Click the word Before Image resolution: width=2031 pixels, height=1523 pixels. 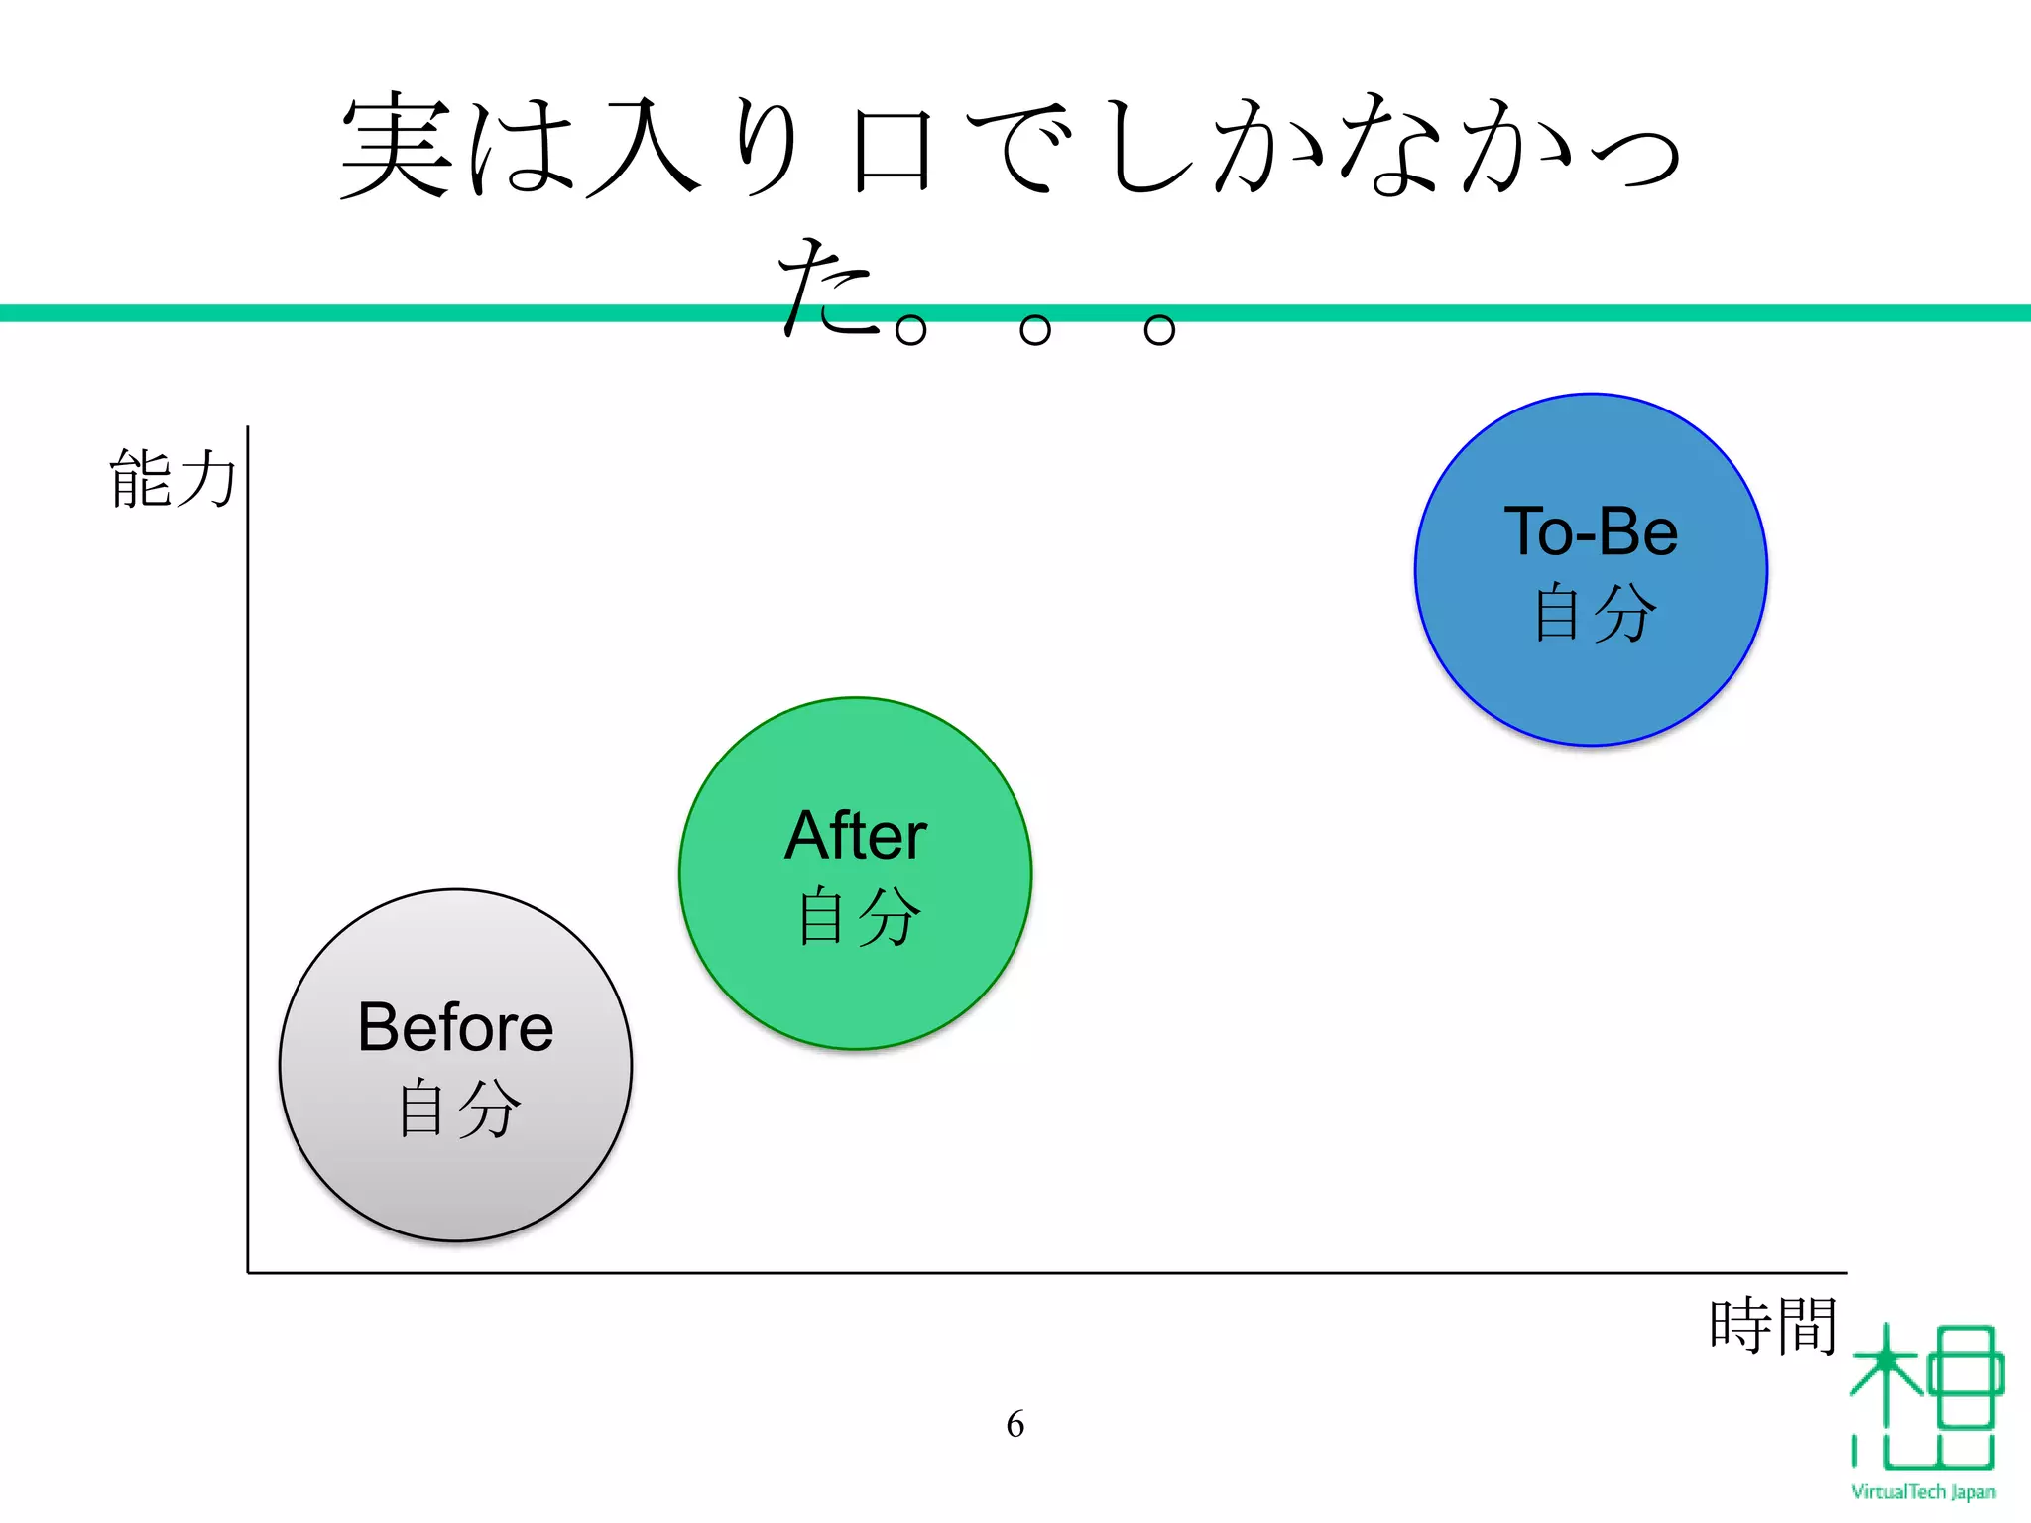tap(455, 1027)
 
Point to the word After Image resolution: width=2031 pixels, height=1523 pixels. tap(856, 836)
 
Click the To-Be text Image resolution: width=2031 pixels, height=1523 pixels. tap(1591, 532)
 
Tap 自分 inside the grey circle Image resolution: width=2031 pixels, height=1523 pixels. tap(458, 1108)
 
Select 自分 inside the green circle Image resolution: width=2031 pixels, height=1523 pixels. tap(859, 916)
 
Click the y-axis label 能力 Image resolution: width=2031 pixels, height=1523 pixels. tap(173, 479)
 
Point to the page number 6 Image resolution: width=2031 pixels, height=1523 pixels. tap(1015, 1424)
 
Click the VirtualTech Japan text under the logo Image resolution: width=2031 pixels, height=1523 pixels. tap(1923, 1492)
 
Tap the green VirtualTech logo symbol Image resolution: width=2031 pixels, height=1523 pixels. tap(1925, 1398)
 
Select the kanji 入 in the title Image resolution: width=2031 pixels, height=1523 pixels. tap(644, 148)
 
